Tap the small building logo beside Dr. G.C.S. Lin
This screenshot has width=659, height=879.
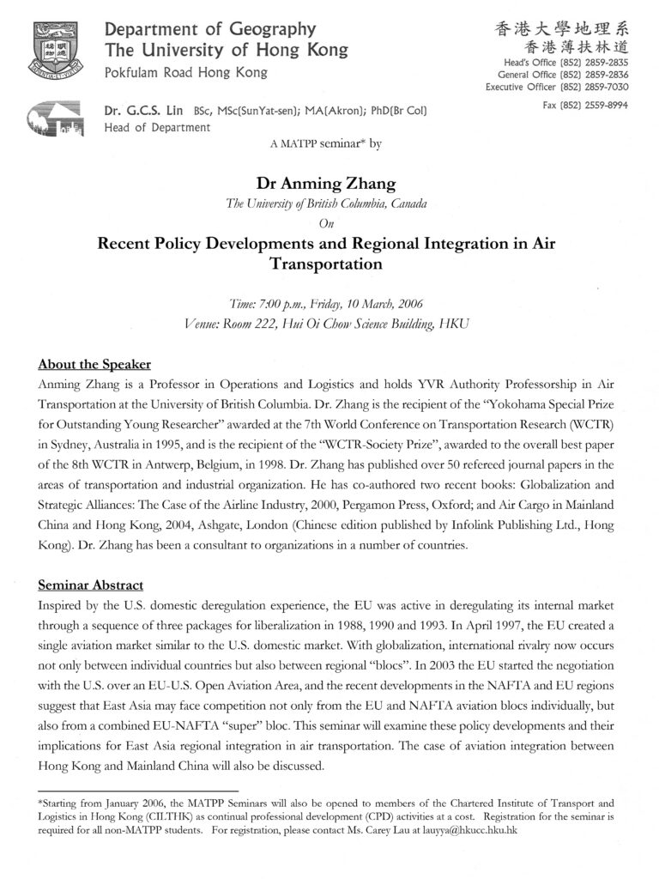55,118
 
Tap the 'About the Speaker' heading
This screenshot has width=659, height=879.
94,363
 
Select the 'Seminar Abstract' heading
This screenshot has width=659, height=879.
91,585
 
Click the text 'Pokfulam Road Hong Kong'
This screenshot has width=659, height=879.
185,72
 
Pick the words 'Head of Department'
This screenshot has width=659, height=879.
156,128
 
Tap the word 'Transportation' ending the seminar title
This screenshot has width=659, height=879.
326,264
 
